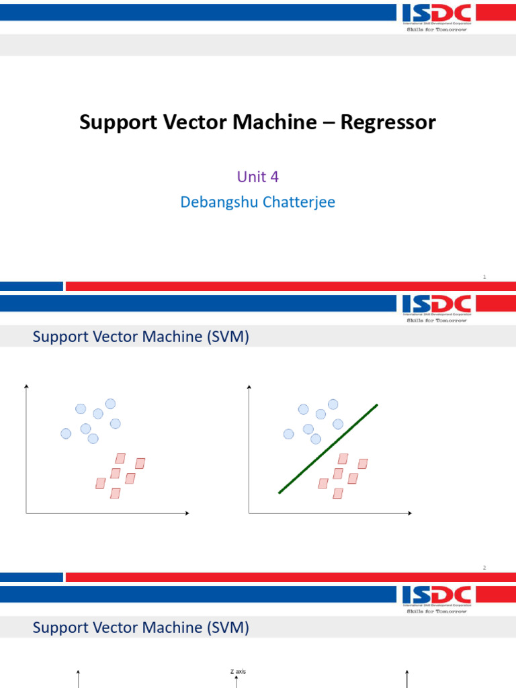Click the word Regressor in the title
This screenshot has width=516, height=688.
pyautogui.click(x=388, y=122)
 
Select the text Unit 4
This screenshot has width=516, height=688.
pyautogui.click(x=257, y=177)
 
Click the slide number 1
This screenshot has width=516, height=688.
pyautogui.click(x=484, y=277)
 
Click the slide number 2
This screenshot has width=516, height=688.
pyautogui.click(x=484, y=568)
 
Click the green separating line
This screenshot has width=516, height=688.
pyautogui.click(x=328, y=449)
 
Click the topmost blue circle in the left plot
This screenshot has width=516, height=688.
pyautogui.click(x=110, y=404)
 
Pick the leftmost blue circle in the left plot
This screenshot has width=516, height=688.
pyautogui.click(x=66, y=434)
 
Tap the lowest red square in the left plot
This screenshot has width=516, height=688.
pyautogui.click(x=115, y=494)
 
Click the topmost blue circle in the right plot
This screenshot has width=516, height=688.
pyautogui.click(x=333, y=404)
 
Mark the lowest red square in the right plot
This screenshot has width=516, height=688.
pyautogui.click(x=338, y=494)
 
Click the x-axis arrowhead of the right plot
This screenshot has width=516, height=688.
pyautogui.click(x=410, y=514)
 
